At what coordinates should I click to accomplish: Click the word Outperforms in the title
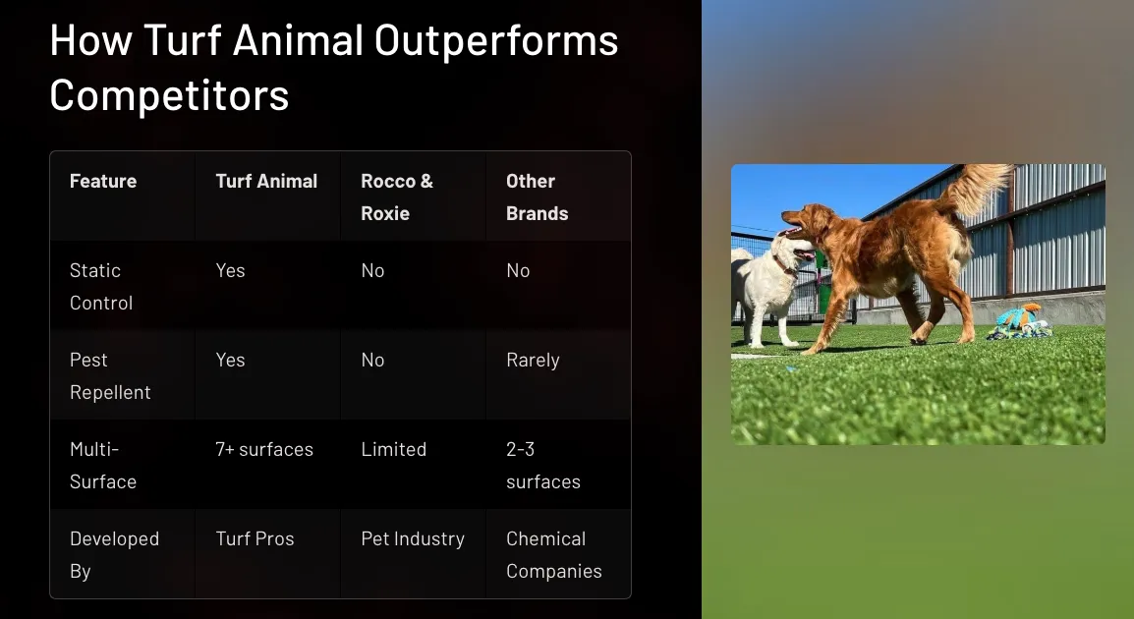coord(496,41)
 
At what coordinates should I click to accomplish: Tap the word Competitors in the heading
coord(169,94)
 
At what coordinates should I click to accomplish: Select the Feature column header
coord(103,181)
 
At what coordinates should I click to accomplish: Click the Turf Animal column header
coord(266,181)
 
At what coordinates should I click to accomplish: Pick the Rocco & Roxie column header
coord(397,197)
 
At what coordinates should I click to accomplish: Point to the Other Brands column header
coord(538,197)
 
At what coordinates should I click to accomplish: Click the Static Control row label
coord(100,286)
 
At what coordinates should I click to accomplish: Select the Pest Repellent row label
coord(110,376)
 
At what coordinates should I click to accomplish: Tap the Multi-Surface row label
coord(103,465)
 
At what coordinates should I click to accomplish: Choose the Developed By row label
coord(114,554)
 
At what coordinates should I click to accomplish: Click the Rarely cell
coord(533,361)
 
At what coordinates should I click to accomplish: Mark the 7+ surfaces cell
coord(264,449)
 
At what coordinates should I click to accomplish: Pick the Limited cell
coord(393,449)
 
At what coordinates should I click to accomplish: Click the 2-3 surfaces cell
coord(543,465)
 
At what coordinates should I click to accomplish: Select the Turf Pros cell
coord(255,538)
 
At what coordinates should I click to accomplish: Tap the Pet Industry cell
coord(413,539)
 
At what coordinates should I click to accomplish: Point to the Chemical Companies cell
coord(554,554)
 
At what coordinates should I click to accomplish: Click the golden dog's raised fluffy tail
coord(977,188)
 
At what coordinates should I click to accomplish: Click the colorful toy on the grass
coord(1020,322)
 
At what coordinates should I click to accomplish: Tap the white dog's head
coord(792,253)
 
